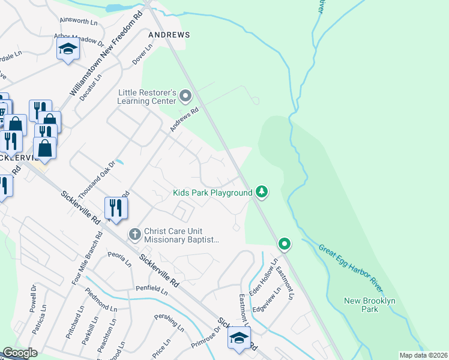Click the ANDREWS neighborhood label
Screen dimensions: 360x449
click(x=169, y=35)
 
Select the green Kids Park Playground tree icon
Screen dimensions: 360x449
click(x=261, y=192)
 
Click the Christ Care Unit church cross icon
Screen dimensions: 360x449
click(x=135, y=233)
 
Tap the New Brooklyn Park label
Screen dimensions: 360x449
click(x=361, y=305)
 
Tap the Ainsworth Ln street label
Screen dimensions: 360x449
click(x=77, y=22)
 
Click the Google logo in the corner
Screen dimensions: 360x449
click(x=20, y=353)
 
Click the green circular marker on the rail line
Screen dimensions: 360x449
click(x=285, y=244)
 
